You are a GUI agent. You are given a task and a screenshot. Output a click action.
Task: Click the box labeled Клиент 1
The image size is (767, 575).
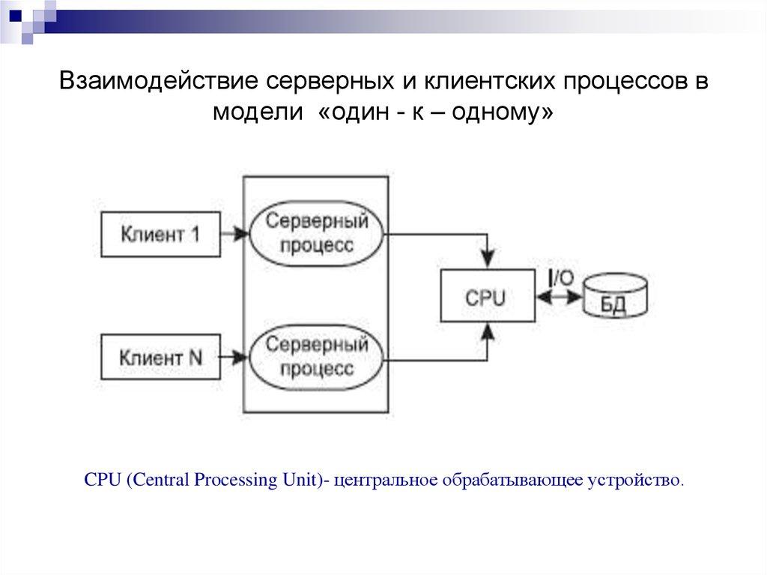tap(160, 234)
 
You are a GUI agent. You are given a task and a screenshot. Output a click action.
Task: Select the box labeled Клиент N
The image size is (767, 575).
tap(160, 357)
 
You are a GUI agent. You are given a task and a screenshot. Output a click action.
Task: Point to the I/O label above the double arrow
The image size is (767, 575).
tap(560, 277)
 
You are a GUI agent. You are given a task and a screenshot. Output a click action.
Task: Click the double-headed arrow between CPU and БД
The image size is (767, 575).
tap(560, 297)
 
